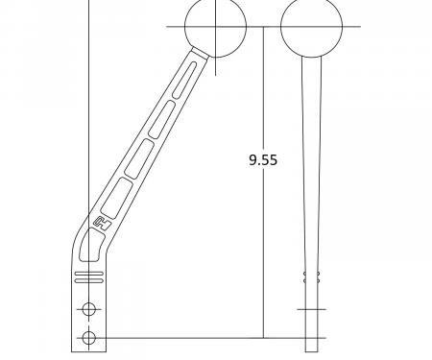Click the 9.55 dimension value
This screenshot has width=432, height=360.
coord(262,160)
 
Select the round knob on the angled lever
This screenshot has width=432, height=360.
coord(216,27)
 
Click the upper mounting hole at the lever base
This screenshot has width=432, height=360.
coord(89,308)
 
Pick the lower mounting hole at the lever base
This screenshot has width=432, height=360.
coord(89,337)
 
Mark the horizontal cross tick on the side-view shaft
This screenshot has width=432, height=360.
coord(311,309)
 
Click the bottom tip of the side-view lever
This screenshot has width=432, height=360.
coord(311,349)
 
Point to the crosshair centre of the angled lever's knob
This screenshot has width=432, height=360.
coord(216,27)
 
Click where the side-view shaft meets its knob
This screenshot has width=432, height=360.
coord(312,57)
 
